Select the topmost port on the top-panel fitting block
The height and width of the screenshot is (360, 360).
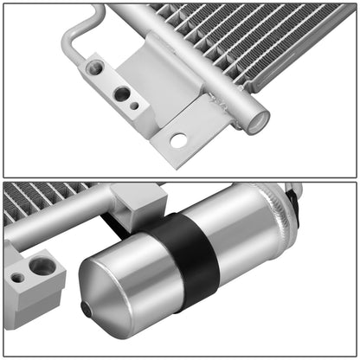coord(95,67)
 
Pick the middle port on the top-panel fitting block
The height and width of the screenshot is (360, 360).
coord(122,93)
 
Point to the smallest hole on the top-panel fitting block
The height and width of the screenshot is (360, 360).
coord(134,106)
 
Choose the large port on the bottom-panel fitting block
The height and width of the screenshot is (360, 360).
coord(42,267)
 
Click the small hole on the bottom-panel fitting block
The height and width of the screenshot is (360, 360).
coord(18,278)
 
